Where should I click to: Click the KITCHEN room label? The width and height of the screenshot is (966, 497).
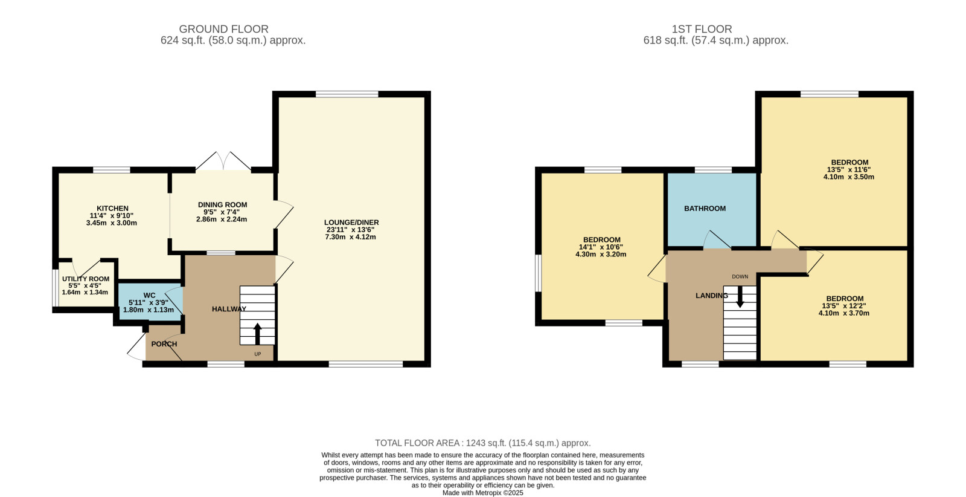112,208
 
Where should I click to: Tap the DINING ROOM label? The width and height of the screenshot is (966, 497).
223,205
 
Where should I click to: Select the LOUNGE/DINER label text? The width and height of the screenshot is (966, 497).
351,223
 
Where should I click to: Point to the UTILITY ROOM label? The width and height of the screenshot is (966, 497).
85,279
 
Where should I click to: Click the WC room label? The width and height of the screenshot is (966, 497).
149,295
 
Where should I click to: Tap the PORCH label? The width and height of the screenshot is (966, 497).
164,344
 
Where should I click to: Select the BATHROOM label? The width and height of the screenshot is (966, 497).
705,209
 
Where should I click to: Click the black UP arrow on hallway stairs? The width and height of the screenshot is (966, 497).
257,333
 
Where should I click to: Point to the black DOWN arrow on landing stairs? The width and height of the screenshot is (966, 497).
740,297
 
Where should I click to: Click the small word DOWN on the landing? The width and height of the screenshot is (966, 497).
740,276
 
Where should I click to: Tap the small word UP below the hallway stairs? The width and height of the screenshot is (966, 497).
257,354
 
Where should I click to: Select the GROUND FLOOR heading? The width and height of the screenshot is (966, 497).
223,29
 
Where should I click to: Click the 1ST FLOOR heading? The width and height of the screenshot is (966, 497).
702,29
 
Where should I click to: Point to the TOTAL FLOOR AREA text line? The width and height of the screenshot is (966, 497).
482,443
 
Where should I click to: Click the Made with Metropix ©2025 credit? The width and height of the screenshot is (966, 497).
482,493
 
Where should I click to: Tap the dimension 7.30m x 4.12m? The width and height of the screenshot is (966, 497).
351,237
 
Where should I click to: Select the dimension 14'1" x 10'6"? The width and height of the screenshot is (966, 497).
601,247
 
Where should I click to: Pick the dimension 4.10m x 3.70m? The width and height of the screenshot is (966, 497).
844,313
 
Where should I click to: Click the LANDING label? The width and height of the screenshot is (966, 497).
712,296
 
